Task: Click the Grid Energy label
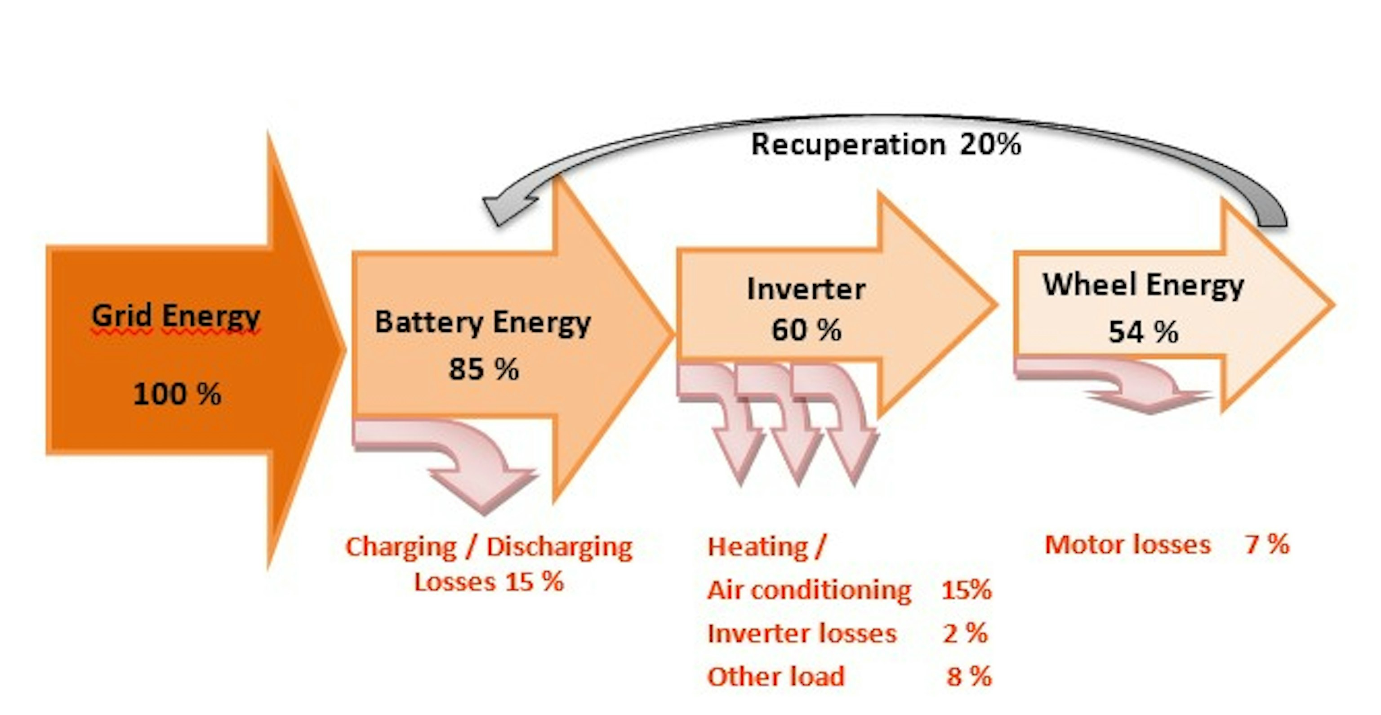click(176, 316)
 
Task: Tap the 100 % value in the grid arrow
click(177, 394)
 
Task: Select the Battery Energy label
click(482, 323)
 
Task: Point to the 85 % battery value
click(484, 369)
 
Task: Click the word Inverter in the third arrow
click(806, 289)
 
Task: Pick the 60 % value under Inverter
click(806, 329)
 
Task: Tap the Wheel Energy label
click(1143, 285)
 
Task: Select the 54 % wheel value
click(1143, 332)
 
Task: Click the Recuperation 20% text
click(886, 145)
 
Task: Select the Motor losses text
click(1127, 545)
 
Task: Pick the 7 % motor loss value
click(1267, 545)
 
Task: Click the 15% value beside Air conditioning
click(966, 590)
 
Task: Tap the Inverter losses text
click(802, 634)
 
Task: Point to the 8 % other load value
click(969, 676)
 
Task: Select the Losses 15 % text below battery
click(489, 582)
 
